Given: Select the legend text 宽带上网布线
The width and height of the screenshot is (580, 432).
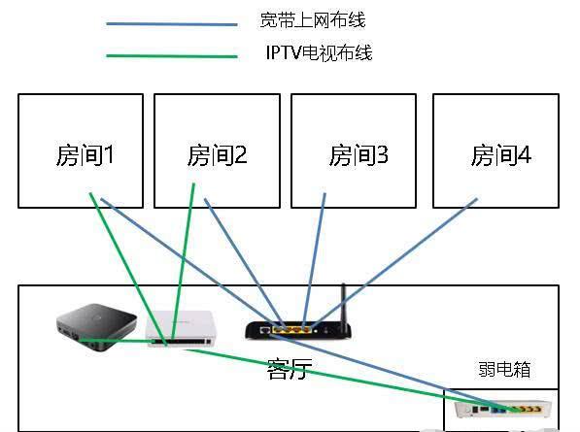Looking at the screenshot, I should [x=313, y=20].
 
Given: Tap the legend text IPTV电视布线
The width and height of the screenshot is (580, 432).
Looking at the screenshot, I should [x=317, y=52].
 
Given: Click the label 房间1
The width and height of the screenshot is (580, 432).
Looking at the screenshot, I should [x=86, y=155].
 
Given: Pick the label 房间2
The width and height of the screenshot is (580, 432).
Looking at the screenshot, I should [x=217, y=155].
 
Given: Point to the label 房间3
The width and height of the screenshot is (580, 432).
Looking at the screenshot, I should [x=358, y=155].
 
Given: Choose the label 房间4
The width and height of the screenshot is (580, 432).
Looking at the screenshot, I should [x=501, y=155].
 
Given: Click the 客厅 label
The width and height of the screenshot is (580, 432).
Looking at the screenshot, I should [x=289, y=369].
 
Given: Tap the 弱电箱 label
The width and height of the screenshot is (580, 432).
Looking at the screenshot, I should [x=504, y=369].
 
